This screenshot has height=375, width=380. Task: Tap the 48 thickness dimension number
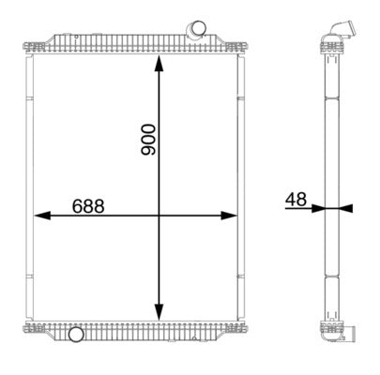[296, 199]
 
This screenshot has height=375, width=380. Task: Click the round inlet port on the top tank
[196, 32]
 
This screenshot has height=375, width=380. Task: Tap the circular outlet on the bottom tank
[75, 334]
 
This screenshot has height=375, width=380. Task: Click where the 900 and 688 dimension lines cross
[159, 215]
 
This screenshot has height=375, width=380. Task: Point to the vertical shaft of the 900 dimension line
[159, 262]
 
